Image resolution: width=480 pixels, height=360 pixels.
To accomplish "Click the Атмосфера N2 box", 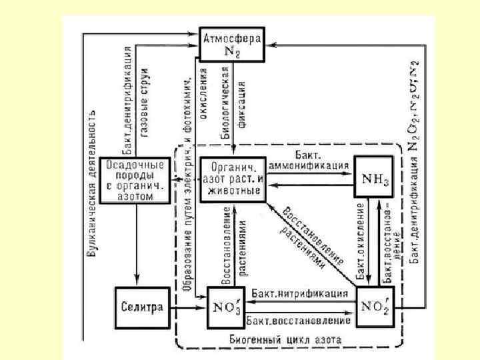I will pyautogui.click(x=233, y=44).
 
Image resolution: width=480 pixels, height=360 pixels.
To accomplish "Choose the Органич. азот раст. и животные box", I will pyautogui.click(x=233, y=178).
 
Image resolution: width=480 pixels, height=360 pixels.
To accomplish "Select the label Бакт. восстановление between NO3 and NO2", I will pyautogui.click(x=299, y=321).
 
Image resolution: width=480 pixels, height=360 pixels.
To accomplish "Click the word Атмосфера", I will pyautogui.click(x=233, y=35).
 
